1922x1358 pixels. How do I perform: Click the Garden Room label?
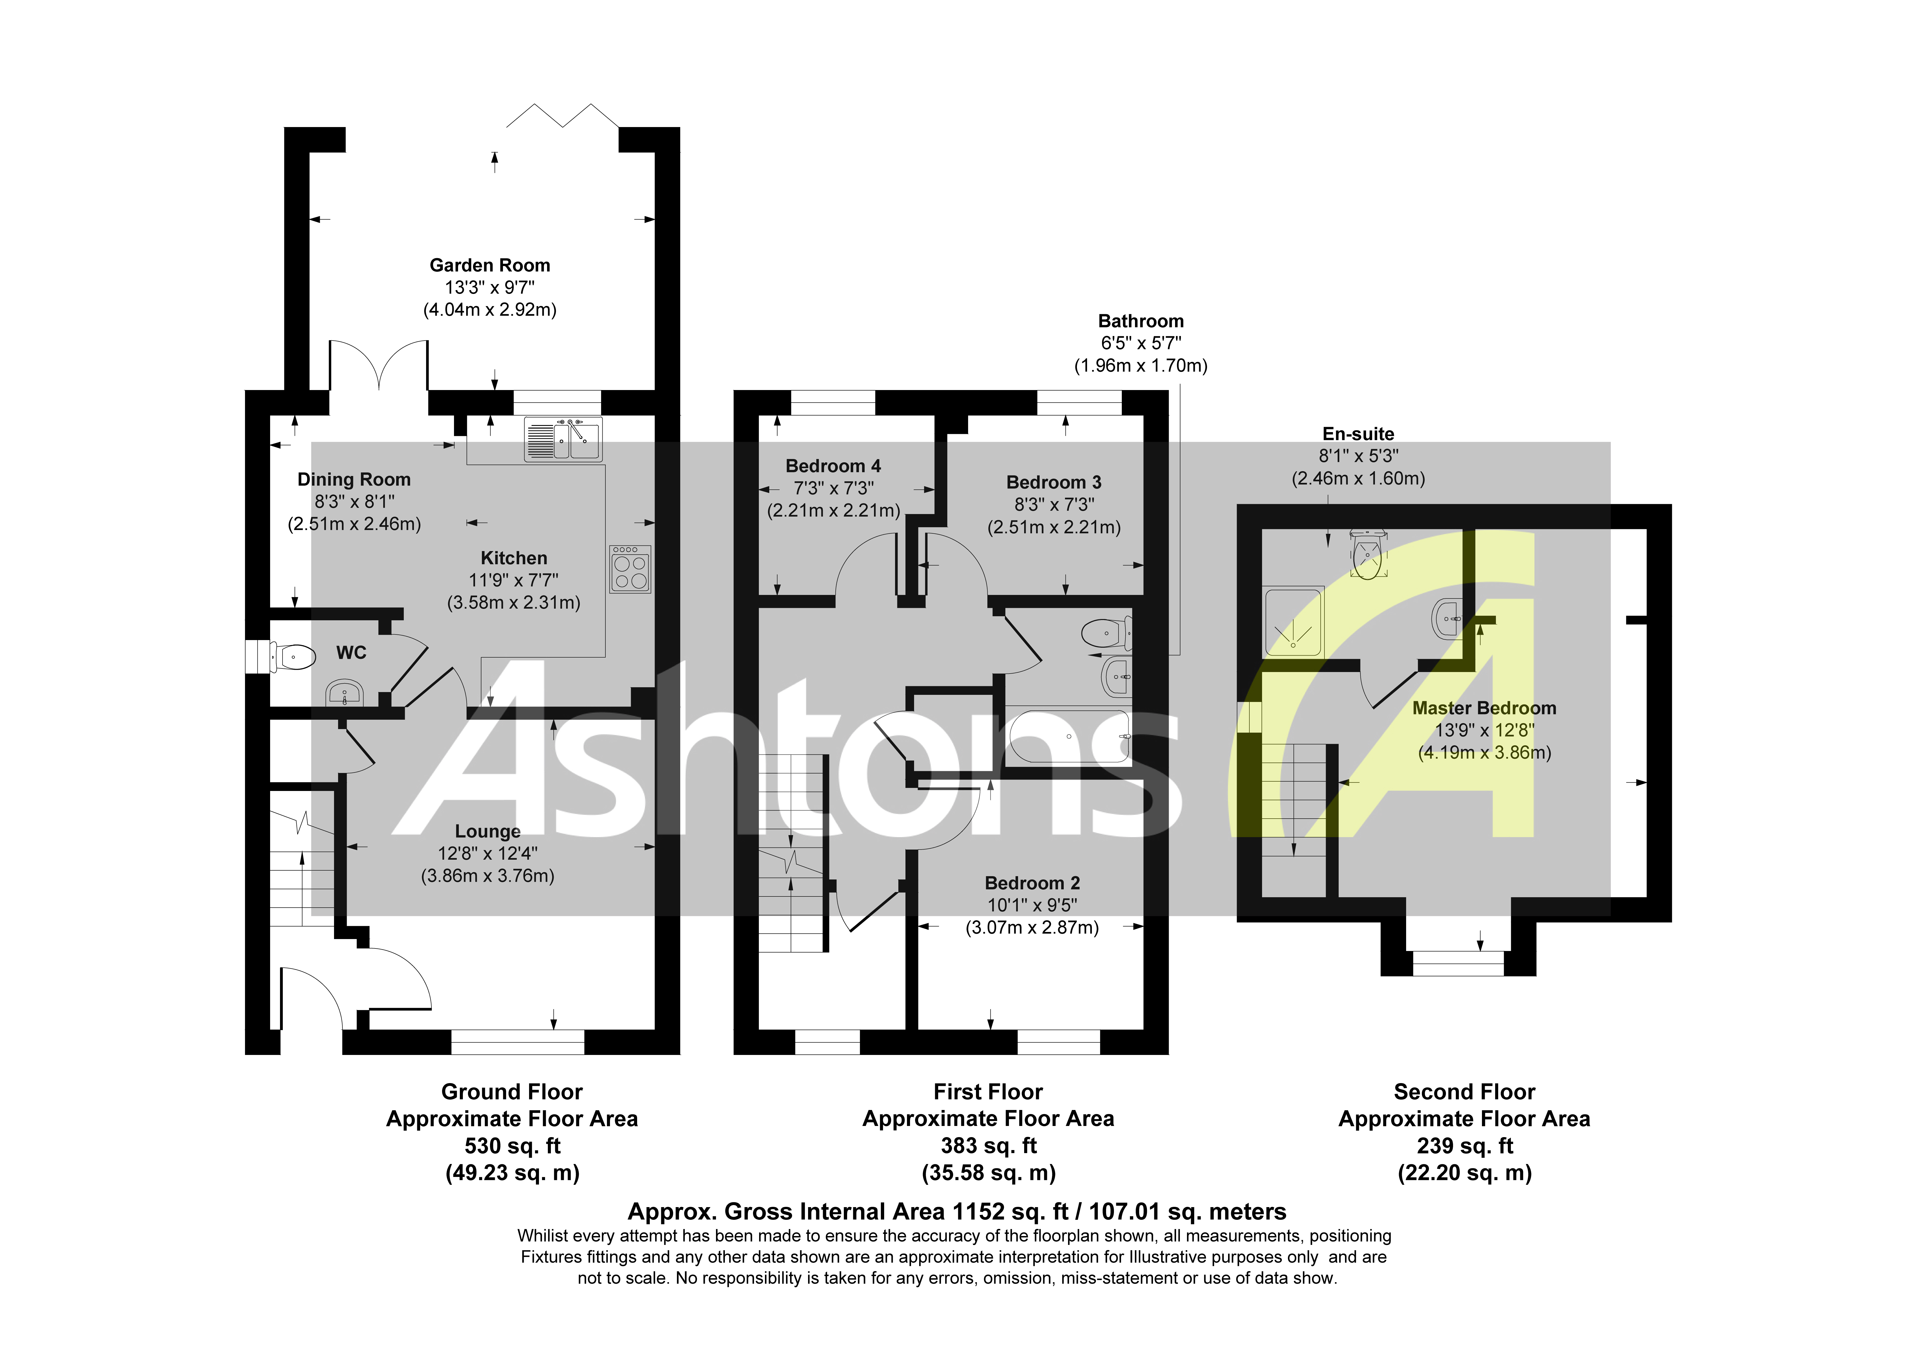(490, 266)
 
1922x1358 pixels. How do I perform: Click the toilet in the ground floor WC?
(293, 657)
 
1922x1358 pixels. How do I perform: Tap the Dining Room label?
(354, 480)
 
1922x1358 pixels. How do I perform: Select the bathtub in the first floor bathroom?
(1069, 737)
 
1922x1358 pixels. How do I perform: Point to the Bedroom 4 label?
(833, 466)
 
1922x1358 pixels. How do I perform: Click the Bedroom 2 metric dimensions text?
(1032, 928)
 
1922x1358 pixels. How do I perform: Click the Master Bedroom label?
(1484, 708)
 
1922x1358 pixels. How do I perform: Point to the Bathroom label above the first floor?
(1141, 322)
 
